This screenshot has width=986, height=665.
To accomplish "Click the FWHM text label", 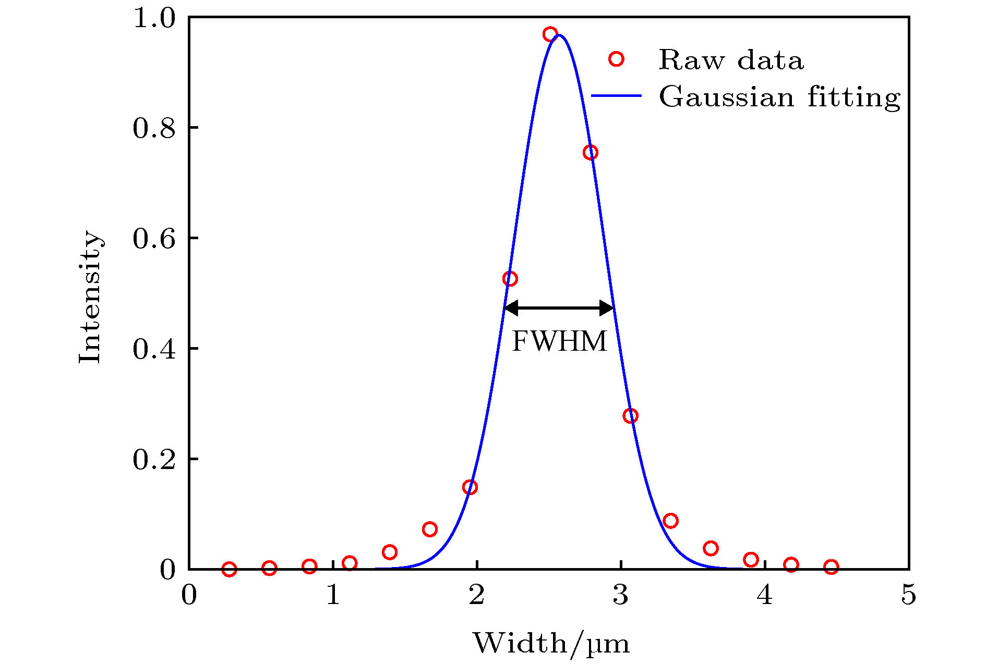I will pyautogui.click(x=559, y=342).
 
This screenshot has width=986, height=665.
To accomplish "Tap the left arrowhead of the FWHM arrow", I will pyautogui.click(x=511, y=308).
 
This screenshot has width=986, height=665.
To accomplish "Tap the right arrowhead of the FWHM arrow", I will pyautogui.click(x=607, y=308).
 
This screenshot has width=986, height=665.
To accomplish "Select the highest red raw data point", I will pyautogui.click(x=550, y=34).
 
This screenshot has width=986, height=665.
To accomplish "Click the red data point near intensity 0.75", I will pyautogui.click(x=590, y=152).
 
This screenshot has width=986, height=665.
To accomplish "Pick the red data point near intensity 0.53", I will pyautogui.click(x=510, y=279).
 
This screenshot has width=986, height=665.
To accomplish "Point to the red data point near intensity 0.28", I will pyautogui.click(x=630, y=416).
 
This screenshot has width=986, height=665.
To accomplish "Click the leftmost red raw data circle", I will pyautogui.click(x=229, y=569).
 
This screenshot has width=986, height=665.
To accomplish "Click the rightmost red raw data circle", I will pyautogui.click(x=831, y=567).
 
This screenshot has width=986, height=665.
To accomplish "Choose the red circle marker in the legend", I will pyautogui.click(x=616, y=59).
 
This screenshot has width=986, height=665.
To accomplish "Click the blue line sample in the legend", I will pyautogui.click(x=616, y=96).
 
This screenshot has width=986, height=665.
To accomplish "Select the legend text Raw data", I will pyautogui.click(x=731, y=60).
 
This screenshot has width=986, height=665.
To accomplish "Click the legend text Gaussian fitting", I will pyautogui.click(x=779, y=97).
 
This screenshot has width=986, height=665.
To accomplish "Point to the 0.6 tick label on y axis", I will pyautogui.click(x=154, y=239).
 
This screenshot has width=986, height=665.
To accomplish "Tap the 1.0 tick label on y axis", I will pyautogui.click(x=154, y=18).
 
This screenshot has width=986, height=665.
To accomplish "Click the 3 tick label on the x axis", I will pyautogui.click(x=620, y=595).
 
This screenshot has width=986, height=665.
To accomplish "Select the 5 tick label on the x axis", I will pyautogui.click(x=908, y=595).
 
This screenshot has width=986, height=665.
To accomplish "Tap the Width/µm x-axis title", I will pyautogui.click(x=551, y=644).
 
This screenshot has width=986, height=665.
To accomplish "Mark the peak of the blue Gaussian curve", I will pyautogui.click(x=559, y=35).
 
